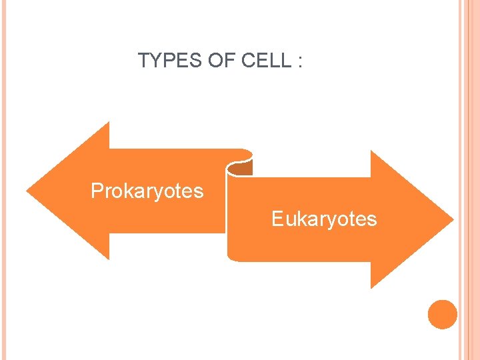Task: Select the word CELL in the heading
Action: [266, 61]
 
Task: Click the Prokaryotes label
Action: [147, 191]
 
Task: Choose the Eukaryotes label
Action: [324, 219]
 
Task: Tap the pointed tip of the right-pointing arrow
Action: [453, 219]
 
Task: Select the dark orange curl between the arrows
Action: [241, 166]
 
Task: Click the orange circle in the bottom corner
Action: [443, 314]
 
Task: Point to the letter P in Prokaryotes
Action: [97, 191]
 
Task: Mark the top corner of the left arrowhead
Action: [108, 123]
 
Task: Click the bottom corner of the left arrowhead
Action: [108, 258]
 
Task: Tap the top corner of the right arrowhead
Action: [371, 152]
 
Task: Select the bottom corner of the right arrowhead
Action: [371, 287]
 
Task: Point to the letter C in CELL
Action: [248, 61]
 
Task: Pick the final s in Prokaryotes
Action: [199, 192]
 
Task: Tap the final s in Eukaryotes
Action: [372, 219]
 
